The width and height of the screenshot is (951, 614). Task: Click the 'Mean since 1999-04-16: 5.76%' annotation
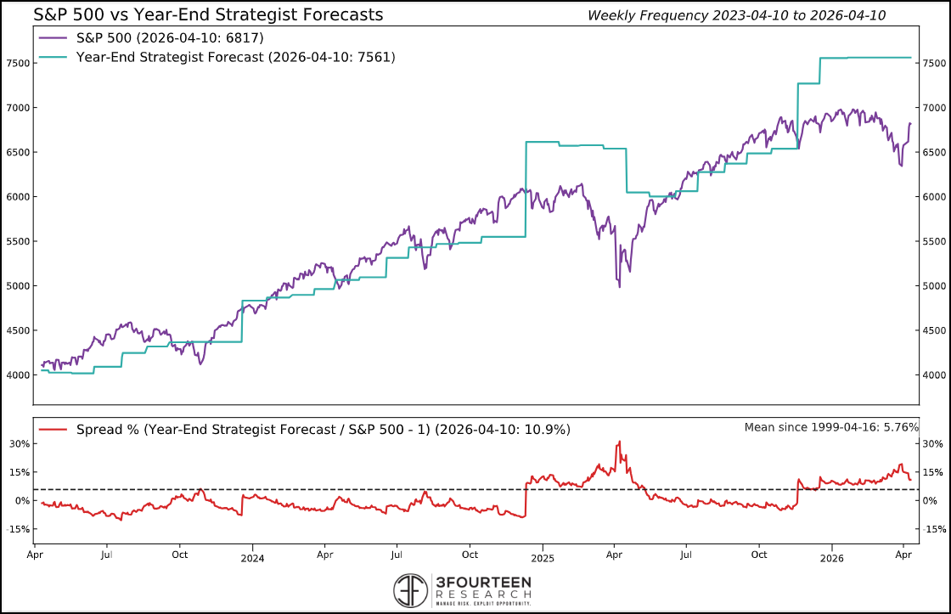tap(831, 427)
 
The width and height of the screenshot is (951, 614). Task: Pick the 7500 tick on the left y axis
tap(18, 64)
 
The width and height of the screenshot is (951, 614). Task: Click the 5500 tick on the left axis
tap(18, 242)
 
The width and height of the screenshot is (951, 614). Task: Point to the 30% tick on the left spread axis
tap(20, 444)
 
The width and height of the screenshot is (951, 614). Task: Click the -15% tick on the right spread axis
tap(935, 529)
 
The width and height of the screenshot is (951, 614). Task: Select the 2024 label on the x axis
tap(252, 559)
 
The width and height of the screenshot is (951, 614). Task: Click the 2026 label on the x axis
tap(831, 559)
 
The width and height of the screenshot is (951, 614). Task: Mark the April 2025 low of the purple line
tap(619, 286)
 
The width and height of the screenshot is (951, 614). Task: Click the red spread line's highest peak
tap(619, 442)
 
